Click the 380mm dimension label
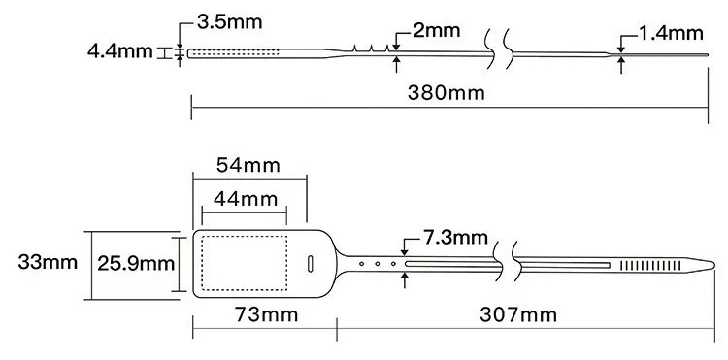pyautogui.click(x=448, y=94)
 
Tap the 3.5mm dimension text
pyautogui.click(x=228, y=20)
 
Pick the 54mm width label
pyautogui.click(x=248, y=165)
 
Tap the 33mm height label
pyautogui.click(x=46, y=262)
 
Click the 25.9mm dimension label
pyautogui.click(x=134, y=262)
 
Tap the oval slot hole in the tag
pyautogui.click(x=310, y=263)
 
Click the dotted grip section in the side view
pyautogui.click(x=233, y=52)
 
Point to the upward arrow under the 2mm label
pyautogui.click(x=397, y=64)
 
